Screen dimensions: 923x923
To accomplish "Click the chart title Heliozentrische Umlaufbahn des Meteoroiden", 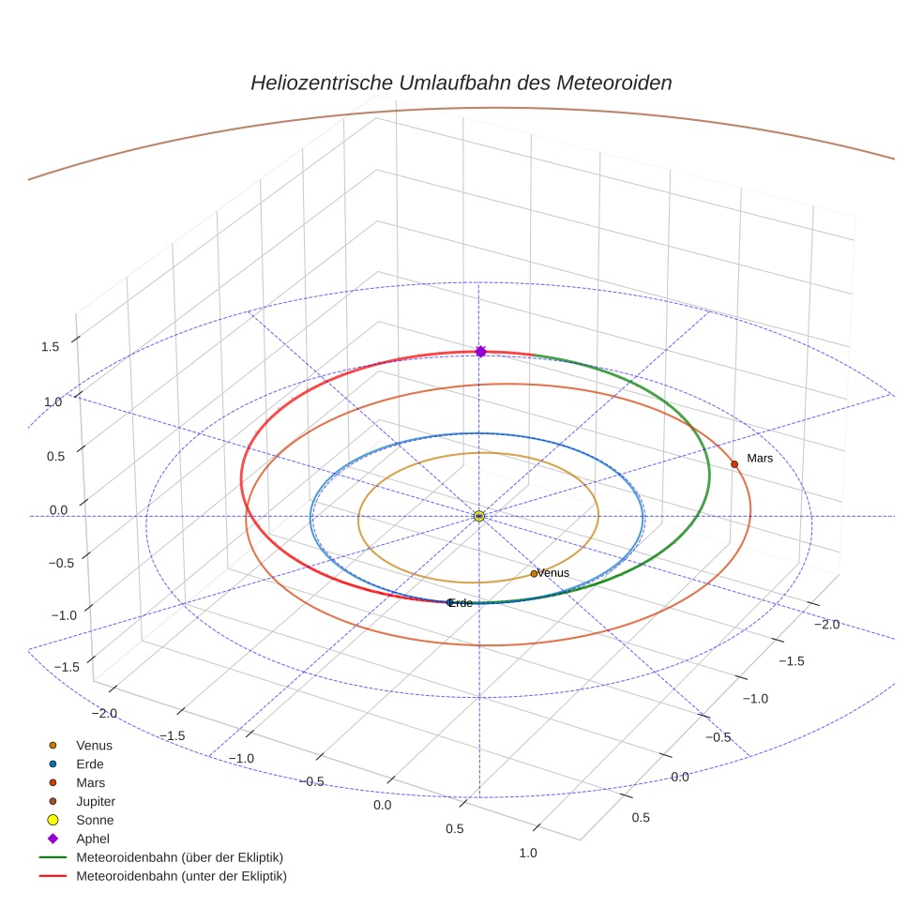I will coord(461,83).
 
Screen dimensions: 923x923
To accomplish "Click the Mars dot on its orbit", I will coord(734,464).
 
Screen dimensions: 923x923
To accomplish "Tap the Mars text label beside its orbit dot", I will coord(759,458).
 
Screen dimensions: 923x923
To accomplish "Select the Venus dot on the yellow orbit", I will coord(534,574).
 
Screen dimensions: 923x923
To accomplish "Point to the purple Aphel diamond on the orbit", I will coord(480,351).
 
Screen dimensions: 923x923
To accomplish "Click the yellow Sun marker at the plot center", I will coord(478,516).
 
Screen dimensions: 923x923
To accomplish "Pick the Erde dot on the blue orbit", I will coord(449,602).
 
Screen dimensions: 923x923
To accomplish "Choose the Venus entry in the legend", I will coord(94,745).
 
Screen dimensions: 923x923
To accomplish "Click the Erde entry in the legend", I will coord(90,764).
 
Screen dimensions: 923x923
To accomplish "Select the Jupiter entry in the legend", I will coord(95,801).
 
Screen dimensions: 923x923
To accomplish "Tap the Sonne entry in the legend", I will coord(94,820).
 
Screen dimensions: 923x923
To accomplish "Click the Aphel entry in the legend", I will coord(92,839).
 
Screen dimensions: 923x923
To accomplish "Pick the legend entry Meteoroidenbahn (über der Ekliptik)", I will coord(179,857).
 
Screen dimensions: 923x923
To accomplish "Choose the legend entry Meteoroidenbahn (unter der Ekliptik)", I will coord(181,876).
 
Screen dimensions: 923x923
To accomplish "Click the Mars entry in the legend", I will coord(90,782).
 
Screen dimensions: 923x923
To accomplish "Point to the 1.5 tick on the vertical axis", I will coord(50,347).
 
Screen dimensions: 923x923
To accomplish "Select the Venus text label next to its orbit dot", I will coord(553,573).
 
